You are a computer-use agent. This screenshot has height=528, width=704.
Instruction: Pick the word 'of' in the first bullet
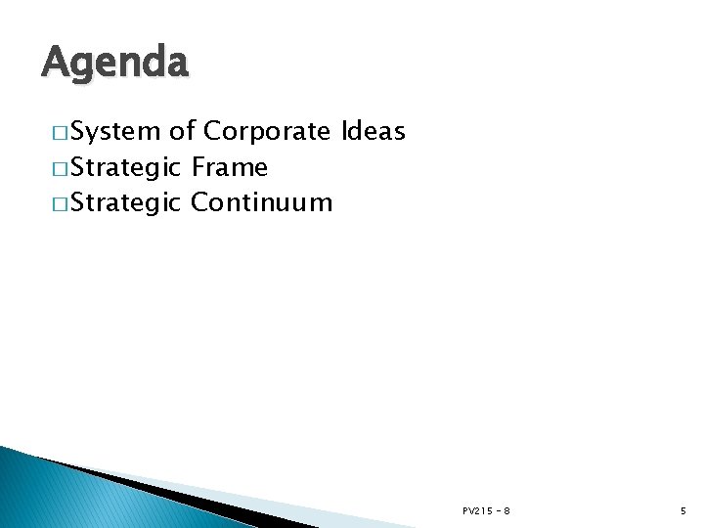tap(182, 132)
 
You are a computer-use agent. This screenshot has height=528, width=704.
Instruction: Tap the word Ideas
tap(374, 132)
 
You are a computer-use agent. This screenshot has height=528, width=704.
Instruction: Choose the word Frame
tap(230, 168)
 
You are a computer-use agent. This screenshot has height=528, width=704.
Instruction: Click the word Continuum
tap(262, 203)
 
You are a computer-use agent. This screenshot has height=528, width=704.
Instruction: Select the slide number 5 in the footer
tap(683, 510)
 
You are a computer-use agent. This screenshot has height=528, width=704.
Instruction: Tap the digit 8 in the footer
tap(506, 510)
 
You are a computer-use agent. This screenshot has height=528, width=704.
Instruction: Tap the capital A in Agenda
tap(56, 64)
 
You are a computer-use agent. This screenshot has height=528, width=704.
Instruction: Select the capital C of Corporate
tap(212, 132)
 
